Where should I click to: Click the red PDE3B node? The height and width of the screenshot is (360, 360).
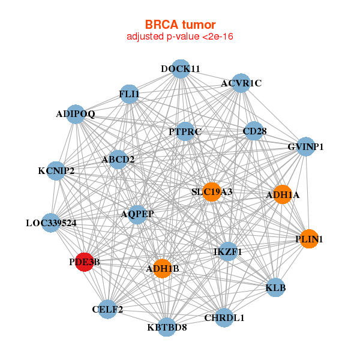point(85,262)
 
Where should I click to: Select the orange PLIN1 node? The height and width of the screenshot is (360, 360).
point(309,239)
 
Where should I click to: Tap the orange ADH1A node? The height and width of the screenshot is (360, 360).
point(283,194)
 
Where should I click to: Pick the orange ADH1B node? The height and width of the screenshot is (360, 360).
point(162,268)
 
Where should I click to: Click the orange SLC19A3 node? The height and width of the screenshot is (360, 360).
point(211,191)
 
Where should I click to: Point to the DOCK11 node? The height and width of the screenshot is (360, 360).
point(181,68)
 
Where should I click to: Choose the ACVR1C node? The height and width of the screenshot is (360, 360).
point(241,83)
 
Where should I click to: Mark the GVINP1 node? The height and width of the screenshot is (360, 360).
point(306,146)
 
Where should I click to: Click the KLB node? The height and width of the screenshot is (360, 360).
point(275,287)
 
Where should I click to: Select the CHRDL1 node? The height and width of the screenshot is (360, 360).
point(224,317)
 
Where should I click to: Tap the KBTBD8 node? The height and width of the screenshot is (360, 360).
point(167,327)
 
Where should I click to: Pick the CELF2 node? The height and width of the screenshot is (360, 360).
point(108,309)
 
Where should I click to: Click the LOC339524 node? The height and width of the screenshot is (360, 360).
point(51,223)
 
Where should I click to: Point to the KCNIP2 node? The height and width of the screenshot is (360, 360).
point(56,171)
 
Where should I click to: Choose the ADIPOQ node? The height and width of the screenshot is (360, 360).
point(76,113)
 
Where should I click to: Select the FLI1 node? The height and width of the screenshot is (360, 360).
point(130,94)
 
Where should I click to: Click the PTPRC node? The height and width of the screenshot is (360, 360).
point(185,131)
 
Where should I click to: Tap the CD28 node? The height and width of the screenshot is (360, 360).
point(254,130)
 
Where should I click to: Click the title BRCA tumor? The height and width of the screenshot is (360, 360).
point(180,25)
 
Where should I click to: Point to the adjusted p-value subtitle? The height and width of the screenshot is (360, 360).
point(180,37)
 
